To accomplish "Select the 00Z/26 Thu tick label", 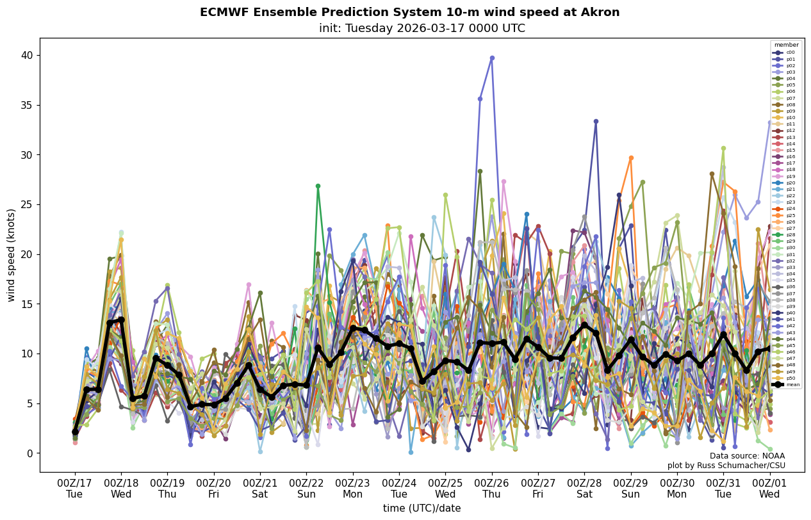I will pyautogui.click(x=491, y=489).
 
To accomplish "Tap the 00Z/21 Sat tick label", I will pyautogui.click(x=260, y=489).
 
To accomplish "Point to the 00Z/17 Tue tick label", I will pyautogui.click(x=74, y=489).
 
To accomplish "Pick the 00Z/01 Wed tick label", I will pyautogui.click(x=769, y=489).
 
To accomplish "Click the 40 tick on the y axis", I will pyautogui.click(x=29, y=56).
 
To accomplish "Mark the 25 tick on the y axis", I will pyautogui.click(x=29, y=205).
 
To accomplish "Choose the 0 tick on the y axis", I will pyautogui.click(x=31, y=453).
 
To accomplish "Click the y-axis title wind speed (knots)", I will pyautogui.click(x=12, y=255).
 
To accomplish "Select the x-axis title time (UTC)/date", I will pyautogui.click(x=422, y=508).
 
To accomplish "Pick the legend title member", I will pyautogui.click(x=786, y=45).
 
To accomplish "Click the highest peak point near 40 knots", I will pyautogui.click(x=492, y=58).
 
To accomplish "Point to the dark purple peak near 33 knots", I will pyautogui.click(x=596, y=121).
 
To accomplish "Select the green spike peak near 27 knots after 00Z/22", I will pyautogui.click(x=318, y=186).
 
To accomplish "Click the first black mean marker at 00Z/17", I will pyautogui.click(x=75, y=432).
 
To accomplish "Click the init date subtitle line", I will pyautogui.click(x=422, y=29).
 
